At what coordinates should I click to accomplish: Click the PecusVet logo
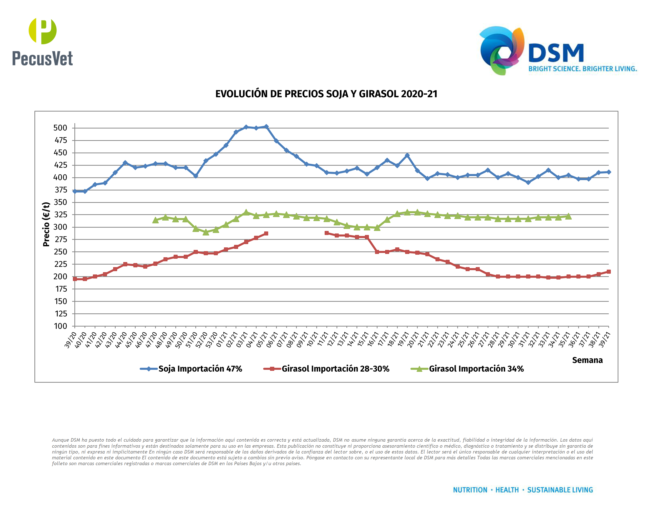click(43, 42)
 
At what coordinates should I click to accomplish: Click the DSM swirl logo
click(502, 50)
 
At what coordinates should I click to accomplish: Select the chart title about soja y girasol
click(326, 94)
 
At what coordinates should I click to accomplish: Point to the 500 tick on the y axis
click(60, 128)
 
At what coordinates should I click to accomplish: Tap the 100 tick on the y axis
click(60, 326)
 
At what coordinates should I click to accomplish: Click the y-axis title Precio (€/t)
click(46, 224)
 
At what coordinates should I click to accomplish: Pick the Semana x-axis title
click(587, 360)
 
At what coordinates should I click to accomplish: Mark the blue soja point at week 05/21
click(266, 126)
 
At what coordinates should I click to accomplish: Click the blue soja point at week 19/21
click(407, 156)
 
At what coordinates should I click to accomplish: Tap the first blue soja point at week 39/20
click(75, 191)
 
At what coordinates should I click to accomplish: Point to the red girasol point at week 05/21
click(266, 233)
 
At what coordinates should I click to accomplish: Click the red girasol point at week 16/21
click(377, 252)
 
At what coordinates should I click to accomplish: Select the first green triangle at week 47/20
click(155, 220)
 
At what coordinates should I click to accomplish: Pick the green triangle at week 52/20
click(206, 232)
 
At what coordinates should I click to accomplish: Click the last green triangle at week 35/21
click(568, 217)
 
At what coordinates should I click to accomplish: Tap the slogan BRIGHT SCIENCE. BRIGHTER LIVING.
click(582, 69)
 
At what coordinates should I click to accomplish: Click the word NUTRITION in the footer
click(470, 490)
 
